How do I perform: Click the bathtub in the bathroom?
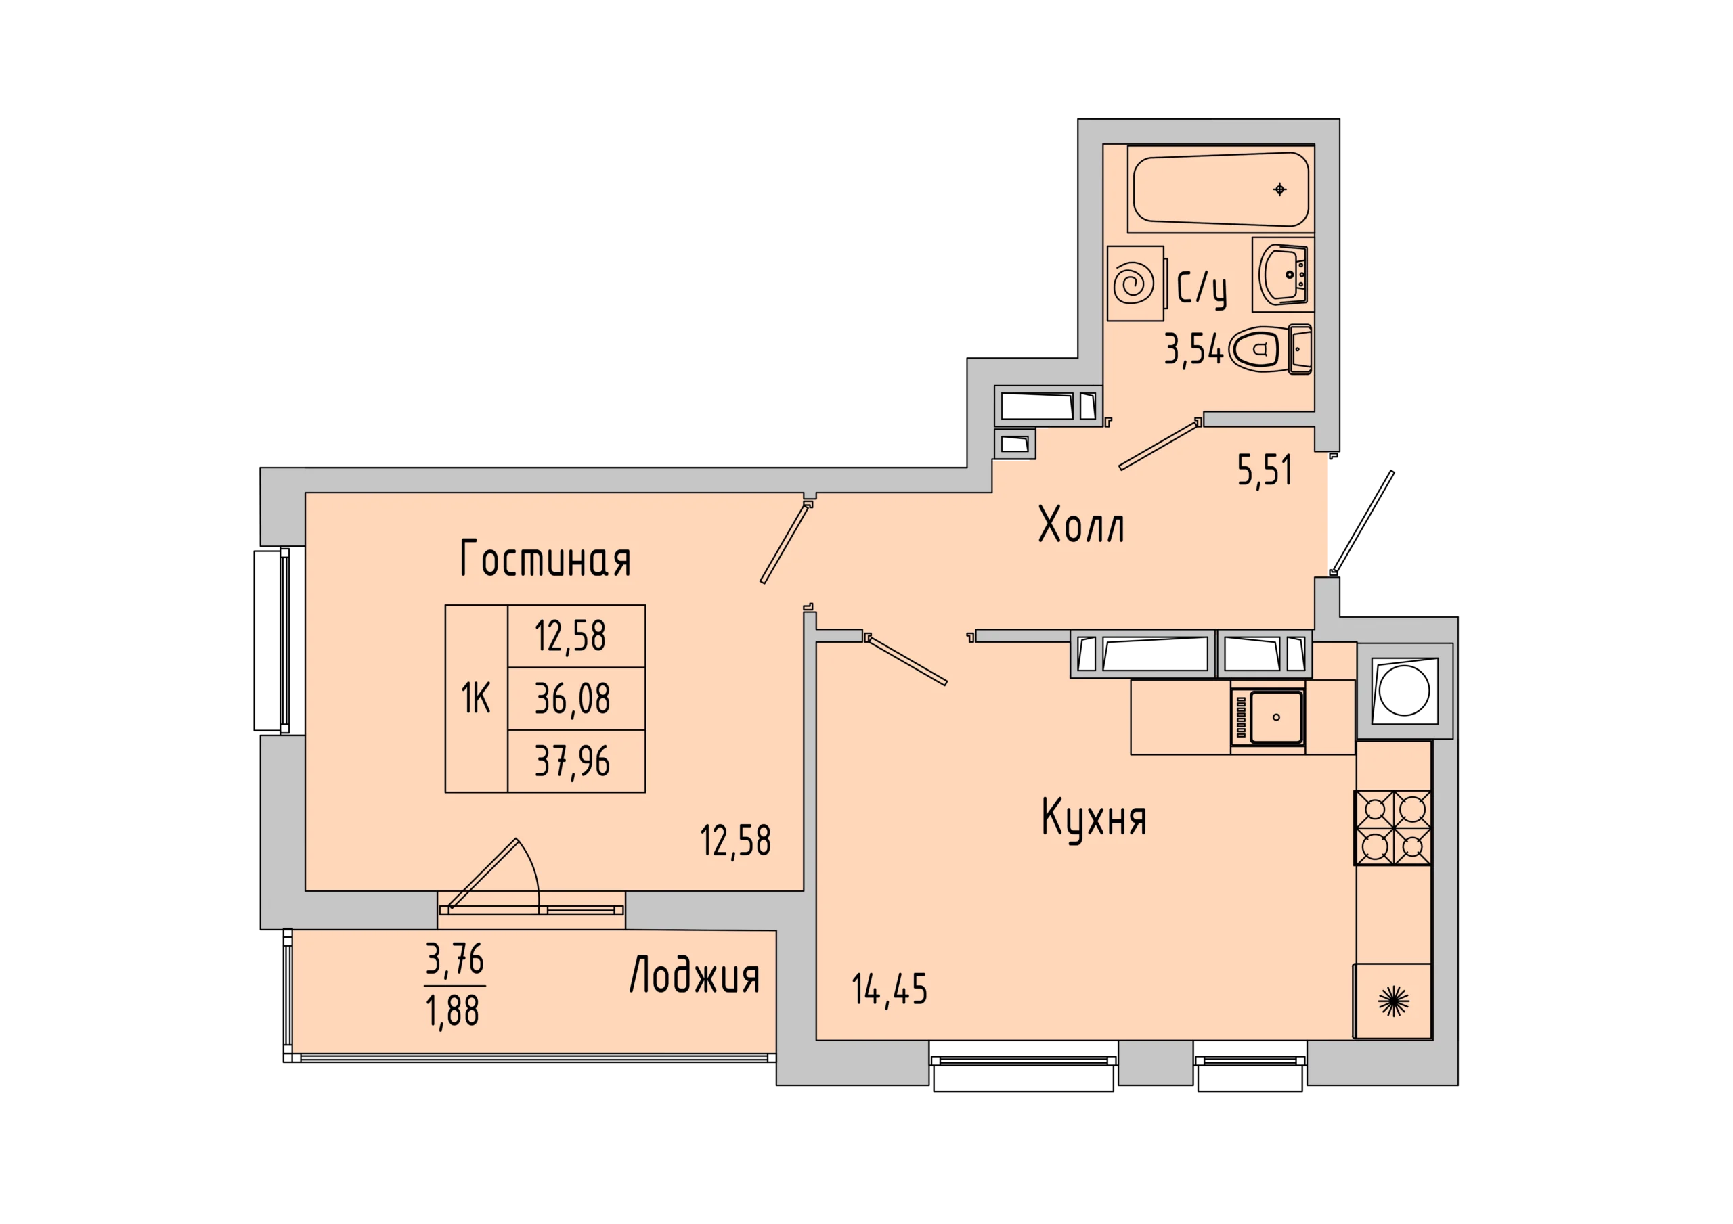1221,189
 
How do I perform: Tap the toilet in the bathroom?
1271,349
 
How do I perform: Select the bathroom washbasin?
1283,275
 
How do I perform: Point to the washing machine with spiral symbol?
1135,284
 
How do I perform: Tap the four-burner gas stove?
1392,828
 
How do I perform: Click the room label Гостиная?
545,559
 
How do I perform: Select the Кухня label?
1094,818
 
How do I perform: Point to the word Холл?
1082,525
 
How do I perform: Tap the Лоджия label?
695,975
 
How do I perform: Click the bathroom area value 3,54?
1193,350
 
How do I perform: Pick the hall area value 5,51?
1265,470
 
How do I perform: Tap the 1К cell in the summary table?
477,699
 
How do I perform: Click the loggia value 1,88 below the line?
453,1011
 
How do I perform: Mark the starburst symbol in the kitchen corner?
1393,1001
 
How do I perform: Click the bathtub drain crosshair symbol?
1279,189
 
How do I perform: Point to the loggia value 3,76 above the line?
454,959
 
